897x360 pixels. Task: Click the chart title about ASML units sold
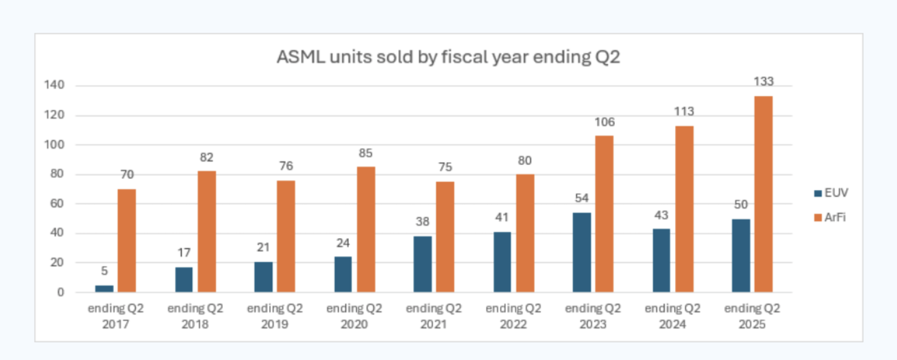coord(448,57)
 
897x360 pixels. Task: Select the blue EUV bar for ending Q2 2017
coord(104,289)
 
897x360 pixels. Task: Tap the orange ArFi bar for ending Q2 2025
coord(763,194)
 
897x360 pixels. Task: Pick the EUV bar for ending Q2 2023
coord(582,253)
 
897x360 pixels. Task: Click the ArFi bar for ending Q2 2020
coord(366,229)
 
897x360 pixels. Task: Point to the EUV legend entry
coord(831,193)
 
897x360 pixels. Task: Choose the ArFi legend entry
coord(830,217)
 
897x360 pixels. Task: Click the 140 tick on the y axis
coord(54,85)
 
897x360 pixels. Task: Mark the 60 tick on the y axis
coord(57,203)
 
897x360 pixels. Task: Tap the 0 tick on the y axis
coord(61,292)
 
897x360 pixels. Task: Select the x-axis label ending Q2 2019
coord(274,316)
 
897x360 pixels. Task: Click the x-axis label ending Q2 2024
coord(672,316)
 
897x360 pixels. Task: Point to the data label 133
coord(763,81)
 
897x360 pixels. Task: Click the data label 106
coord(604,122)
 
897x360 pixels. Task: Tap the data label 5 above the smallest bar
coord(104,271)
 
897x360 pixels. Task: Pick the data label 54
coord(582,198)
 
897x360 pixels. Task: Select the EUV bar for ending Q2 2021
coord(422,264)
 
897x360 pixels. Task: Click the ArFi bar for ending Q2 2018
coord(207,231)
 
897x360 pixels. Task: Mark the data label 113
coord(684,111)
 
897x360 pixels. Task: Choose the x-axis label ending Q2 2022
coord(513,316)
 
